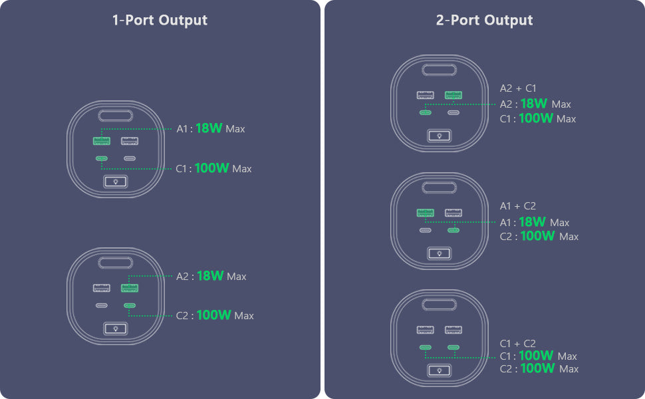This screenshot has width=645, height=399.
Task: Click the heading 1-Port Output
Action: tap(160, 20)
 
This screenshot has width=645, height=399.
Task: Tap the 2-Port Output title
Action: tap(484, 20)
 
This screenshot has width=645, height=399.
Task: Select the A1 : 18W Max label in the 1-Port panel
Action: tap(211, 128)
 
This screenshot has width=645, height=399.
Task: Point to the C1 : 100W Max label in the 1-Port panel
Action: tap(213, 168)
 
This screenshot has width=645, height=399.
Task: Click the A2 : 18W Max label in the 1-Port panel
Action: tap(211, 275)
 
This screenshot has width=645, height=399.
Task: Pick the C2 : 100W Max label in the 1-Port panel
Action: tap(215, 315)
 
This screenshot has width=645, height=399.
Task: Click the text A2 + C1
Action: tap(518, 88)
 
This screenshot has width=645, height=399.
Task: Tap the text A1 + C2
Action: tap(518, 206)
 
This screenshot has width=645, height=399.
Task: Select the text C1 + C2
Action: tap(518, 343)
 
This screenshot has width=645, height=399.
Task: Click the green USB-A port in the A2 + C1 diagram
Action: tap(453, 96)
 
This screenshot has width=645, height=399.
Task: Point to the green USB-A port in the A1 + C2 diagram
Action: tap(426, 213)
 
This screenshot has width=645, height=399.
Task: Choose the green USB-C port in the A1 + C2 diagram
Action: tap(453, 230)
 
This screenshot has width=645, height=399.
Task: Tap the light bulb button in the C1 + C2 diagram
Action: tap(440, 370)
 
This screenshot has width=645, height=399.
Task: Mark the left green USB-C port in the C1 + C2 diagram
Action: tap(426, 347)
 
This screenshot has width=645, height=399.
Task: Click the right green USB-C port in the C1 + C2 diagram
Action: tap(453, 347)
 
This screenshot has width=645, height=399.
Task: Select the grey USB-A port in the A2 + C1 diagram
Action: tap(426, 96)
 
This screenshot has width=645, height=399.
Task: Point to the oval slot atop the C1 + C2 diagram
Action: tap(440, 305)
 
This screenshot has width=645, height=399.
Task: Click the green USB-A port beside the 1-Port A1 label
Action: tap(102, 141)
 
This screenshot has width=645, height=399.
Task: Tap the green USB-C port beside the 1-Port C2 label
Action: tap(130, 305)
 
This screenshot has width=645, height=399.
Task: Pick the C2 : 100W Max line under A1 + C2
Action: tap(539, 236)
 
